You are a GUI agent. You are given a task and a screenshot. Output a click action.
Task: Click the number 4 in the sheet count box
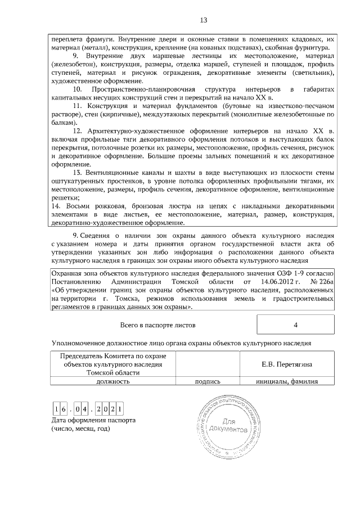coord(295,325)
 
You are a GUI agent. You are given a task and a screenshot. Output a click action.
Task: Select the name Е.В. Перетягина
coord(286,364)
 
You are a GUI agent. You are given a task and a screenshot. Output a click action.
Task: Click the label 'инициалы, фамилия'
coord(287,381)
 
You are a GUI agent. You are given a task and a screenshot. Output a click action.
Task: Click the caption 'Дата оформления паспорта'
coord(92,420)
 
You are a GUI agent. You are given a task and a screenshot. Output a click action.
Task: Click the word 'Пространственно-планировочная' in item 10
coord(142,90)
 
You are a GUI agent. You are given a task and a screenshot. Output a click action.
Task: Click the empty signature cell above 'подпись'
coord(207,364)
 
